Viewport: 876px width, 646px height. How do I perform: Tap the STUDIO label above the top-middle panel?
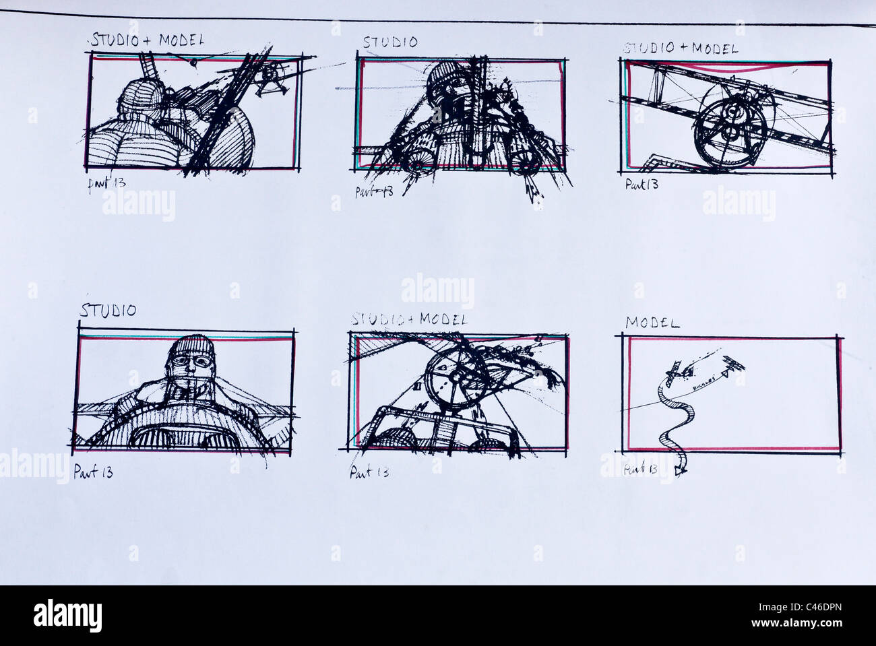click(x=390, y=42)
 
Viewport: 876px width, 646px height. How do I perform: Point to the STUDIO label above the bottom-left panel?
click(x=108, y=311)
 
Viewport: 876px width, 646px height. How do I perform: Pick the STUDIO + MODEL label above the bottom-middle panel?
click(x=409, y=319)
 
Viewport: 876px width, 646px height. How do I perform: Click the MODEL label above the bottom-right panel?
click(x=652, y=323)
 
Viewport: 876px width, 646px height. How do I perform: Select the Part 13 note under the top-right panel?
click(x=641, y=183)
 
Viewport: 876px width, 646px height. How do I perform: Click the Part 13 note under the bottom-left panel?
click(x=93, y=472)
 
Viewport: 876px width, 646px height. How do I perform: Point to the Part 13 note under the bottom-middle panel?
click(x=369, y=472)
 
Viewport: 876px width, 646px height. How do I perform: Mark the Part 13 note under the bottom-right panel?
click(x=640, y=469)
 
